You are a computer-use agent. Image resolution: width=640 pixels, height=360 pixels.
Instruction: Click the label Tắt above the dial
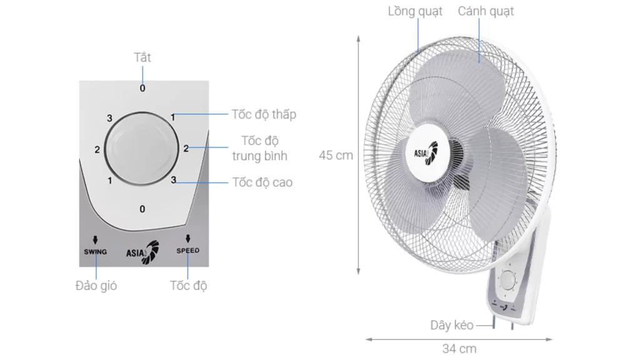(142, 57)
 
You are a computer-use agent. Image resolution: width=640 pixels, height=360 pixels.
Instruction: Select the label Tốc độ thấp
(264, 114)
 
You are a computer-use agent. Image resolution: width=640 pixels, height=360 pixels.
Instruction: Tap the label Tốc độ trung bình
(260, 148)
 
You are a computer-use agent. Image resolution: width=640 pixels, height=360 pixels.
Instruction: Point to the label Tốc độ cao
(262, 182)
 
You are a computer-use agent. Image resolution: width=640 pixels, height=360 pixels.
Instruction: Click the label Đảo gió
(96, 286)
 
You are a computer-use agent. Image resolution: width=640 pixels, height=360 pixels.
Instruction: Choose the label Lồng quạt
(415, 11)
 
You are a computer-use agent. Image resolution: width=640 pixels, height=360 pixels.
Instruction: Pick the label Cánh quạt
(486, 11)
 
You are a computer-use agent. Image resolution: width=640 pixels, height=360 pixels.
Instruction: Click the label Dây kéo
(452, 325)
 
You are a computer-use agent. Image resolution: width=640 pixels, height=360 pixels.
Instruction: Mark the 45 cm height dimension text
(336, 155)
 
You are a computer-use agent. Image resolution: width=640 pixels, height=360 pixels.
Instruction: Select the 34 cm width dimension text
(459, 349)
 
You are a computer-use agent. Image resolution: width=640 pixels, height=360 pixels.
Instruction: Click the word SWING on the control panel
(95, 252)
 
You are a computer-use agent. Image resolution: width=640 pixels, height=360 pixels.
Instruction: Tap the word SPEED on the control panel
(187, 251)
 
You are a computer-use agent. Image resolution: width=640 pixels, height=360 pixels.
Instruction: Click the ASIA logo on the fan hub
(425, 152)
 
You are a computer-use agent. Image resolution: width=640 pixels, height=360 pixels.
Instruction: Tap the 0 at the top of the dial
(142, 89)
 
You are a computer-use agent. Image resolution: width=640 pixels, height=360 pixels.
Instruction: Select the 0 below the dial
(142, 209)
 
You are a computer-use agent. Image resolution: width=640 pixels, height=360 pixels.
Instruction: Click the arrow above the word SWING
(95, 239)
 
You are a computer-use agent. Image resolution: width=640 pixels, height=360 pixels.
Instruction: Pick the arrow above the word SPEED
(187, 238)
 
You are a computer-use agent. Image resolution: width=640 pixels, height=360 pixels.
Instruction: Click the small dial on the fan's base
(507, 281)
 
